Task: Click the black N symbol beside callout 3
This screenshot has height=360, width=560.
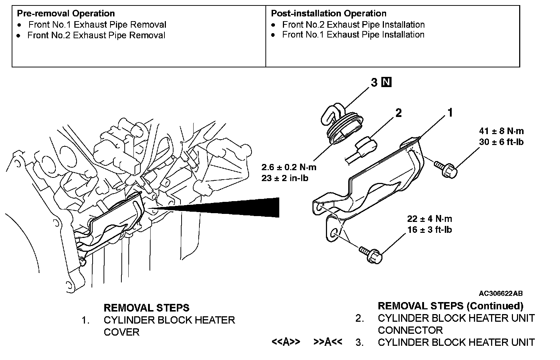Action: coord(386,82)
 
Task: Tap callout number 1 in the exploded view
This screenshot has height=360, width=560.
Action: coord(450,113)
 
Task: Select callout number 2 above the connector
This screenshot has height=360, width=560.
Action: coord(398,113)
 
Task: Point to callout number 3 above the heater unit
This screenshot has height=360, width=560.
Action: coord(374,83)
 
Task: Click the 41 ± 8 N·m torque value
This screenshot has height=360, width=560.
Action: coord(501,131)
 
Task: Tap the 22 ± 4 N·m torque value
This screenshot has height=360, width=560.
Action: coord(429,219)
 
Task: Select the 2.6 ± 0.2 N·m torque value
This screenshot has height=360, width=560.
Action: coord(289,168)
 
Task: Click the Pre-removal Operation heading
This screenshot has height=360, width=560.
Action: coord(66,13)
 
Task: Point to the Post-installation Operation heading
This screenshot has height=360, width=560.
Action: coord(328,13)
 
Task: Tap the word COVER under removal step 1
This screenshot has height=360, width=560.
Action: coord(121,332)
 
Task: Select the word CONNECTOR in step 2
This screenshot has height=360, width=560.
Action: coord(410,330)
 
